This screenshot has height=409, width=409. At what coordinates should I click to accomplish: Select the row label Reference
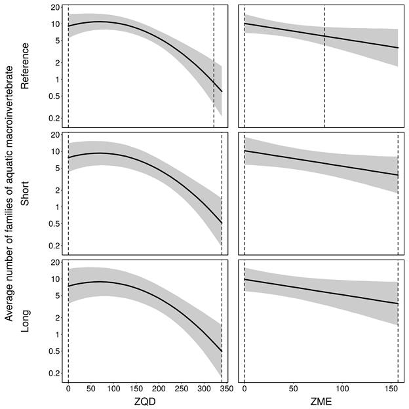click(26, 66)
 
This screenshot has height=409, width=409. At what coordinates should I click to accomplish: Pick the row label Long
click(26, 322)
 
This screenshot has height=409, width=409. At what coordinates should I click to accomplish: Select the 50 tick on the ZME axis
click(293, 388)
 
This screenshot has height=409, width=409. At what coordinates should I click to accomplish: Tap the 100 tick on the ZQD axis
click(113, 388)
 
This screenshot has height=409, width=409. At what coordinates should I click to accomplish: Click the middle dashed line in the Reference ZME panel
click(324, 66)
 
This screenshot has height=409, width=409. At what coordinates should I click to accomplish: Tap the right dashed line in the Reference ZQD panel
click(214, 66)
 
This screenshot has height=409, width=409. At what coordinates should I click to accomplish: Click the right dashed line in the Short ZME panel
click(398, 193)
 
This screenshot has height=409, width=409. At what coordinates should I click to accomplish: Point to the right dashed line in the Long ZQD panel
click(222, 321)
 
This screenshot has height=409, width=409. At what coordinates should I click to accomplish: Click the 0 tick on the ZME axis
click(244, 388)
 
